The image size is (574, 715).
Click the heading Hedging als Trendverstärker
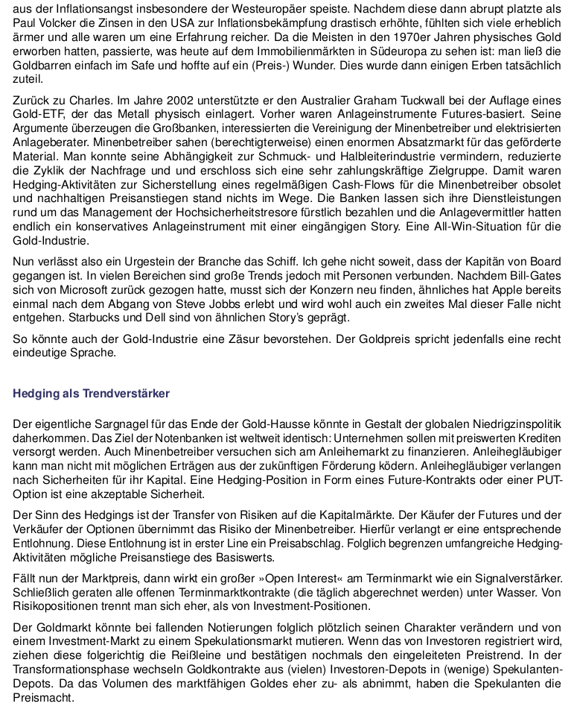pos(92,393)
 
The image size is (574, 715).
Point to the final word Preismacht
pos(44,699)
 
